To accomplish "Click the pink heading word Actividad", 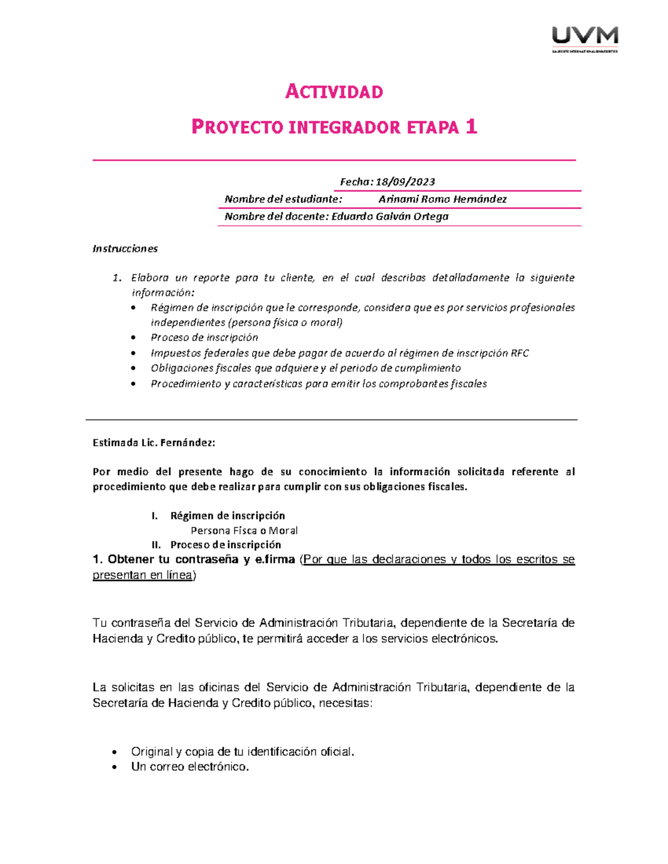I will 334,92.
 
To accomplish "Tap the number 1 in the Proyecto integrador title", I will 471,127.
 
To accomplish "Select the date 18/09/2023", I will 405,182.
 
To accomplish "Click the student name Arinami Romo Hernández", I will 443,199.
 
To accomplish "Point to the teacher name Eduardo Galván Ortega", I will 390,216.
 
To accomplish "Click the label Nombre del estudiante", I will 283,199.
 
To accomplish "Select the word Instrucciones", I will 125,249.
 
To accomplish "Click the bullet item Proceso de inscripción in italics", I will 204,338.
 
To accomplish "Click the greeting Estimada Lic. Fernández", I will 154,443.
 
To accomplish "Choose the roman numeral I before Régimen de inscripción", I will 154,516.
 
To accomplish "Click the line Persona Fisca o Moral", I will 244,531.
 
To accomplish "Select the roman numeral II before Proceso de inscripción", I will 156,545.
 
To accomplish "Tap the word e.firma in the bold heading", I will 274,560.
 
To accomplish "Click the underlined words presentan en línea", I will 143,575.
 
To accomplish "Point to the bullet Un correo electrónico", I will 190,767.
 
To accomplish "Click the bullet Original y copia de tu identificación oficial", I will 242,752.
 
